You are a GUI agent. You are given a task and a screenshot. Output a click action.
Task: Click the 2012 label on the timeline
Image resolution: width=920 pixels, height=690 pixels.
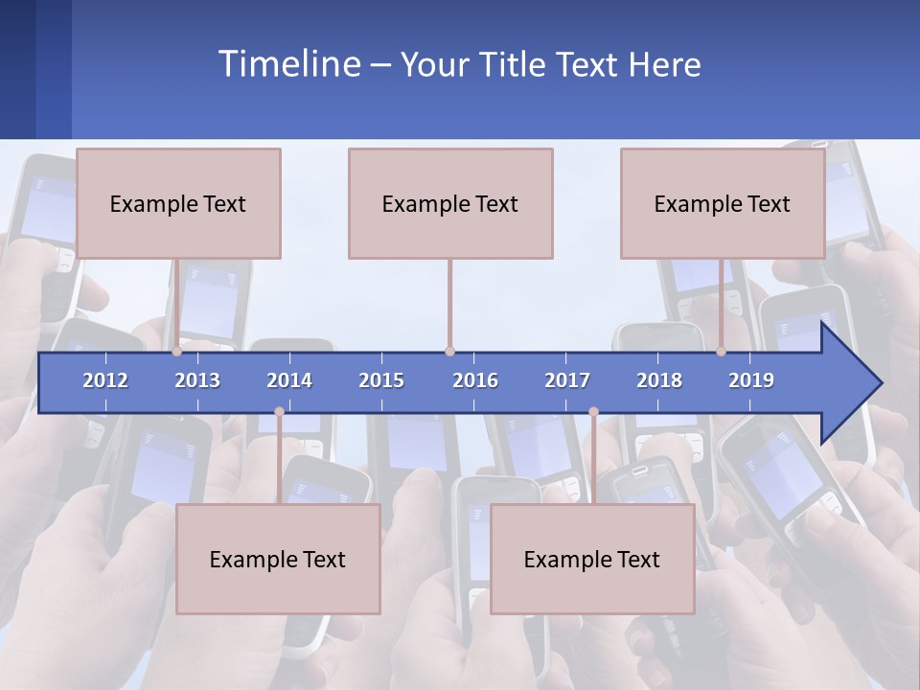105,380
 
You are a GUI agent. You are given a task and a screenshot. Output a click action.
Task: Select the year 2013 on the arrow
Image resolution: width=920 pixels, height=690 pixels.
197,380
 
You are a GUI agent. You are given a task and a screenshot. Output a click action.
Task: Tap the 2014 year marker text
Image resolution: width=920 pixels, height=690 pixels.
289,380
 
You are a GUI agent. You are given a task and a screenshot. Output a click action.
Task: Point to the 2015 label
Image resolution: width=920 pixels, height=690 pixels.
381,380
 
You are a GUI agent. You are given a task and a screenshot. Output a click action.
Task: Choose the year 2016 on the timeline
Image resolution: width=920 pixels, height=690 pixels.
475,380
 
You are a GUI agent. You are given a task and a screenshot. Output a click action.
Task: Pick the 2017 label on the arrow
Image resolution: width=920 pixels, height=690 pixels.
567,380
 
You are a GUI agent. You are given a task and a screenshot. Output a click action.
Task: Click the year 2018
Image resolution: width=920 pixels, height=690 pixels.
659,380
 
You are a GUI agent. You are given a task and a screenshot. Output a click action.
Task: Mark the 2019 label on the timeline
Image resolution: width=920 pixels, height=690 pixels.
751,380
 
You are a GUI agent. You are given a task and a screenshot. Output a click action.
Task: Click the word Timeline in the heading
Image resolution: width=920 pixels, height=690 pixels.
289,64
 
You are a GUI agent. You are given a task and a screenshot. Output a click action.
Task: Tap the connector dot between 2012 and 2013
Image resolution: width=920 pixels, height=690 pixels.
177,352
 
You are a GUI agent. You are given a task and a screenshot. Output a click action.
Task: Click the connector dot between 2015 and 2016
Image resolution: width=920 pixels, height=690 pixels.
449,352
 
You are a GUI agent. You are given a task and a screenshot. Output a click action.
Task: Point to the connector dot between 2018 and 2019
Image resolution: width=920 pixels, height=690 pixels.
722,352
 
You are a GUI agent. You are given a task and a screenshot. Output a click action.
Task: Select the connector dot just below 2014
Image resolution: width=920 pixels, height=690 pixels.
279,412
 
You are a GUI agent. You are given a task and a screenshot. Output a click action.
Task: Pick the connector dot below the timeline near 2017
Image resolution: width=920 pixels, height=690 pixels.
593,412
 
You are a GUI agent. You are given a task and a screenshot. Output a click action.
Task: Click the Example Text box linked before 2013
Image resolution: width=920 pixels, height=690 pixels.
178,203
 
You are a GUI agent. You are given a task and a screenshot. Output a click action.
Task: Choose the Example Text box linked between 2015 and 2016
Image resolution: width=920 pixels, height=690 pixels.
450,203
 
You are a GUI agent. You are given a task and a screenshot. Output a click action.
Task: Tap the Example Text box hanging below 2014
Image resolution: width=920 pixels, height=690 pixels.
278,559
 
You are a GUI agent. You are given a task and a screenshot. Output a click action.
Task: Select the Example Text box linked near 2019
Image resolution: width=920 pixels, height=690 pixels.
723,203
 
